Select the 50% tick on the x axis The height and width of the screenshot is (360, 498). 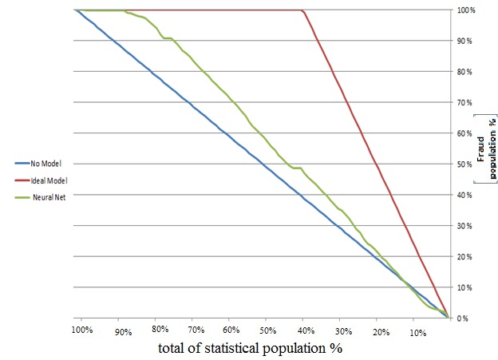point(267,330)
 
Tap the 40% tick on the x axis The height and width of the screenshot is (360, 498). point(305,330)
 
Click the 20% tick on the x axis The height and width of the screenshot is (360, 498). point(380,330)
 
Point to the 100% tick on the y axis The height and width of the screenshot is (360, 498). point(467,10)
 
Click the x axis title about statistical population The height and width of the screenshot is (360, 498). point(251,348)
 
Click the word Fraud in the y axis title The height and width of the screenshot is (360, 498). point(481,129)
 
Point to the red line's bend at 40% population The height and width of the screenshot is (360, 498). point(304,11)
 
